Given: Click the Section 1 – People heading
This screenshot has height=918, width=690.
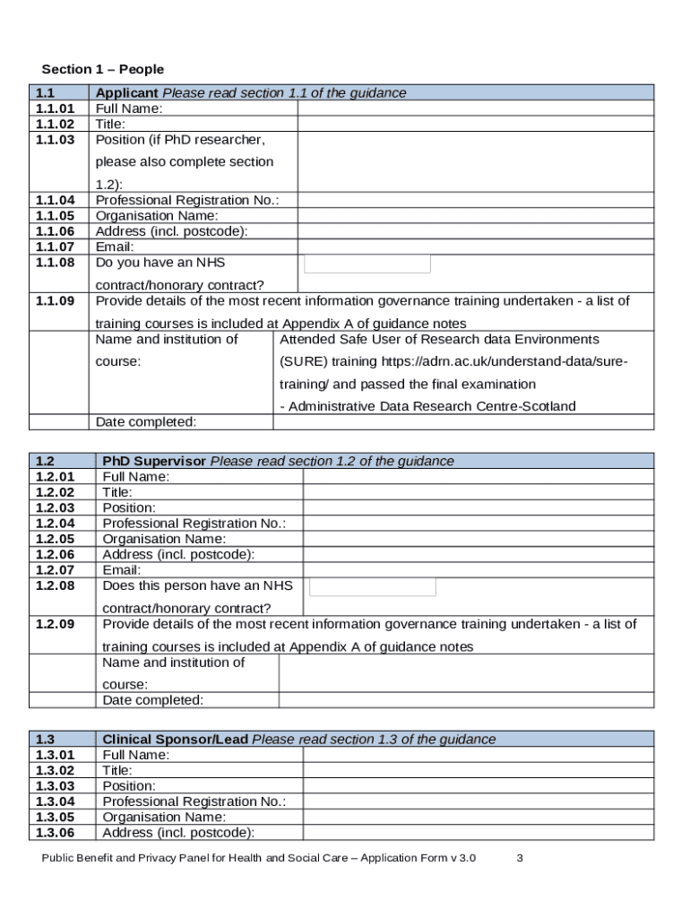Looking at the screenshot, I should tap(103, 69).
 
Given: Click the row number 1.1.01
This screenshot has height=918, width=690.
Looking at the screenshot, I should tap(56, 108).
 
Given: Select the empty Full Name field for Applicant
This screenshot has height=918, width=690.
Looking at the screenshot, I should tap(475, 108).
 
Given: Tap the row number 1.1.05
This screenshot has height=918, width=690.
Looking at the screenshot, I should tap(56, 216).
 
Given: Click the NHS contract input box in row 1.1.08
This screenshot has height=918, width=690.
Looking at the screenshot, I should tap(367, 264).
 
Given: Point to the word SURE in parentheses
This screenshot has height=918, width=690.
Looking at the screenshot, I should tap(304, 361).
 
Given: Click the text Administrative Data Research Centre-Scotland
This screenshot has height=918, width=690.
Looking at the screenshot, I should tap(428, 406).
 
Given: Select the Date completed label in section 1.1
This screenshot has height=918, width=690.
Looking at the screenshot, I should tap(146, 422).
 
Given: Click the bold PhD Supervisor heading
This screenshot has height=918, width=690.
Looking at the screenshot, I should tap(154, 461).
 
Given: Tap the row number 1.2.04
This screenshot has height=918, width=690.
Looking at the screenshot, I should tap(56, 523).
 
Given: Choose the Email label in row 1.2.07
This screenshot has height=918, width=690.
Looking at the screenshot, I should tap(122, 569).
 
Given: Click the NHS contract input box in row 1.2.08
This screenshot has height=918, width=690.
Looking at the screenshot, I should tap(373, 587).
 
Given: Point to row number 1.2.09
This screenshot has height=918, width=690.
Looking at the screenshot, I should tap(56, 624).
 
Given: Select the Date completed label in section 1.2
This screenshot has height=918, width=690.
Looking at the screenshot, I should tap(153, 700).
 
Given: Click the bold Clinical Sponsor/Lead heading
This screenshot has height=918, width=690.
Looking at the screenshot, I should tap(176, 740).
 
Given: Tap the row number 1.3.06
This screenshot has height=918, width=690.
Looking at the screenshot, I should tap(56, 833).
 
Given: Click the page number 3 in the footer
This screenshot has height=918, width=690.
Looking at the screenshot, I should tap(520, 858).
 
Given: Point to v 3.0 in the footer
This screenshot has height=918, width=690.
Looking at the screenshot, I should tap(462, 858).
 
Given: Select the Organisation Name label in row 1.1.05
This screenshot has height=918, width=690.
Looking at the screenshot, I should tap(157, 216).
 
